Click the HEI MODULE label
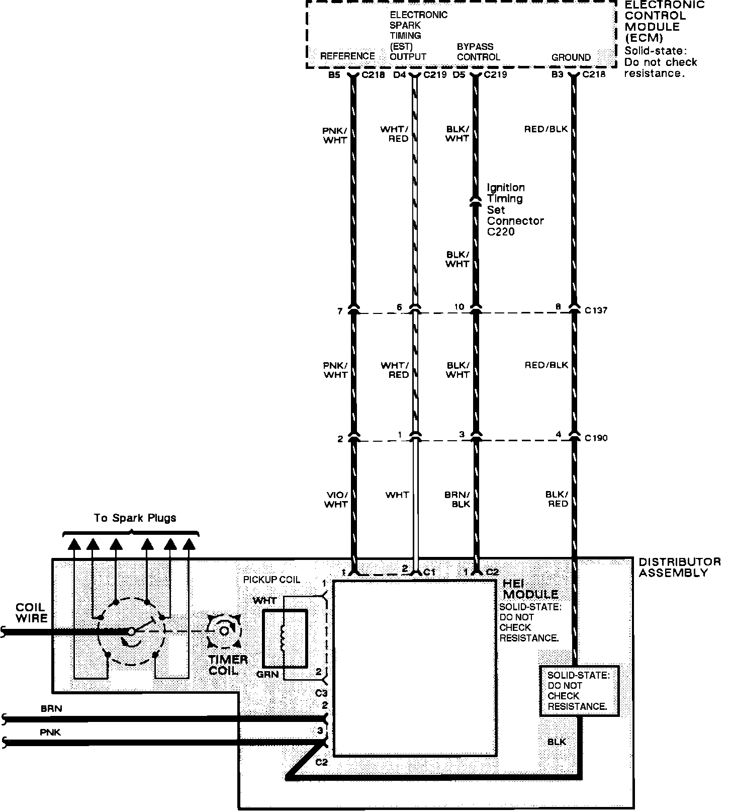point(530,589)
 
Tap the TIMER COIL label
point(228,665)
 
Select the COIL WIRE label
point(31,613)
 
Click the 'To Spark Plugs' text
point(135,518)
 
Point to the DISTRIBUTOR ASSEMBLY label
point(679,567)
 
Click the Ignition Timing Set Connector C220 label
point(515,209)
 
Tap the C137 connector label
point(596,310)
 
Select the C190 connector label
point(596,438)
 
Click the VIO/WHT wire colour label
point(336,499)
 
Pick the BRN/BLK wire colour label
point(457,499)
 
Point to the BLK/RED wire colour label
point(557,499)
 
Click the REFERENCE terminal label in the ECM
point(347,56)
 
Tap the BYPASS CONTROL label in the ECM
point(478,52)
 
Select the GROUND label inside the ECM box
point(571,57)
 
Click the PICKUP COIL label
point(271,580)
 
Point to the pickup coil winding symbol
point(283,638)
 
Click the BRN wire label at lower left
point(51,708)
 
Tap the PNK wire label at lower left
point(50,732)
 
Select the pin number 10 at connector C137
point(460,307)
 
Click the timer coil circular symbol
point(223,629)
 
